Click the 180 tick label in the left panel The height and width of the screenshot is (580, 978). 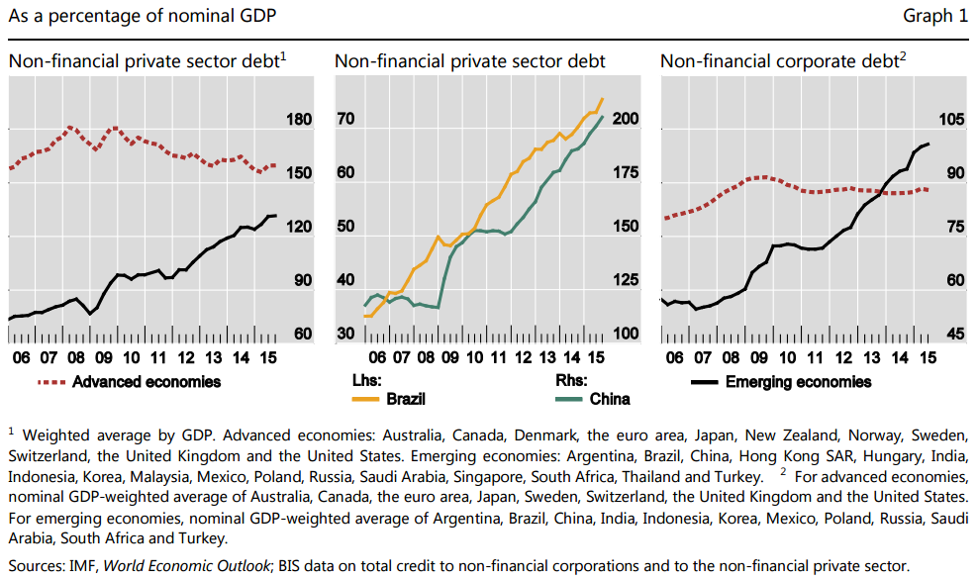[x=298, y=120]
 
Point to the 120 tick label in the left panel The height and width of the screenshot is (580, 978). [x=298, y=227]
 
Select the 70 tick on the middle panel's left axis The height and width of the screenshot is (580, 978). [x=345, y=120]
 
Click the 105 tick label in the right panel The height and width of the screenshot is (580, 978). [x=949, y=120]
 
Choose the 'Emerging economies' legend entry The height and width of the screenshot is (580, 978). [x=798, y=381]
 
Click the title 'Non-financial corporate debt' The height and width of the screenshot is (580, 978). [x=778, y=61]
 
